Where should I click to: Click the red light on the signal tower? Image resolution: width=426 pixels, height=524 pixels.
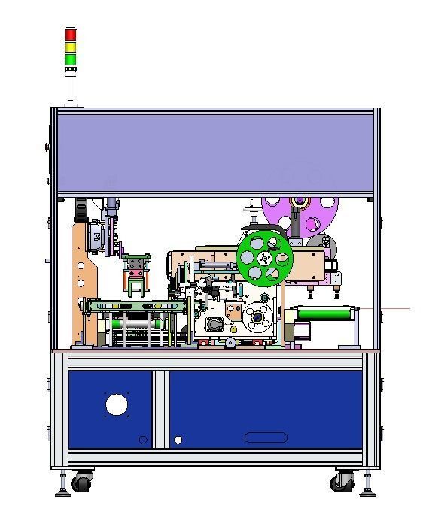[x=71, y=35]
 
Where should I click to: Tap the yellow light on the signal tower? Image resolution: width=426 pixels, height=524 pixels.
[x=71, y=47]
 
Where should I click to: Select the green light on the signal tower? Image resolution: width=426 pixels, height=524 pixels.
[x=71, y=59]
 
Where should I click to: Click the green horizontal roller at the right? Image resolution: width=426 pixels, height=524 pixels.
[x=325, y=313]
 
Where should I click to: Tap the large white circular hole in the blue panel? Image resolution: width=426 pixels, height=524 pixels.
[x=116, y=405]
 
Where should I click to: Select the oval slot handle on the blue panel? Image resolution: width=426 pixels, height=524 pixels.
[x=266, y=438]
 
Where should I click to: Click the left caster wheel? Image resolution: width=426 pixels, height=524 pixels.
[x=81, y=482]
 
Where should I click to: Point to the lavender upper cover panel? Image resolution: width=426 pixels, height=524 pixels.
[x=215, y=150]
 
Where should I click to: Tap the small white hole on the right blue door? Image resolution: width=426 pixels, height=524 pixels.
[x=178, y=440]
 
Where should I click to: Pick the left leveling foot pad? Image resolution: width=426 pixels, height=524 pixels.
[x=62, y=494]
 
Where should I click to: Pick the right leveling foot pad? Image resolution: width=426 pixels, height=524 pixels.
[x=367, y=494]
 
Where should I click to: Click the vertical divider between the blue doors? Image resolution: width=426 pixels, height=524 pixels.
[x=160, y=409]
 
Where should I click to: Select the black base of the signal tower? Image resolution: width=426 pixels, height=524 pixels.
[x=71, y=71]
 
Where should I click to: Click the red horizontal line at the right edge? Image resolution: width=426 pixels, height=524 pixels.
[x=395, y=309]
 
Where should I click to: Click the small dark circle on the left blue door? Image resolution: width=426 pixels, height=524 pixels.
[x=143, y=440]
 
